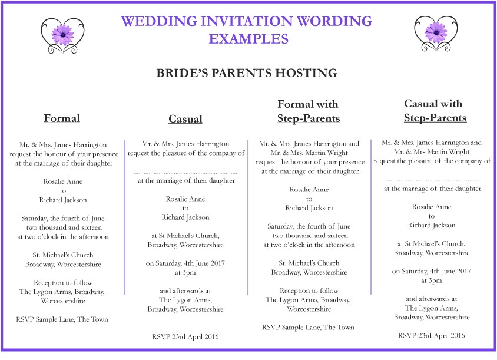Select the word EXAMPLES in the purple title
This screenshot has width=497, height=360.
click(x=248, y=39)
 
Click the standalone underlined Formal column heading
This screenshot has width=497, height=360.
click(x=62, y=118)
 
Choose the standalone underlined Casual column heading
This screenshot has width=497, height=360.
click(x=185, y=119)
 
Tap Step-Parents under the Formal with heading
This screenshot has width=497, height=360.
click(x=309, y=118)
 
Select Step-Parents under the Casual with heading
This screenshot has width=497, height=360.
click(x=435, y=118)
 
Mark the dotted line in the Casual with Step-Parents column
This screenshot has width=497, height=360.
click(x=432, y=180)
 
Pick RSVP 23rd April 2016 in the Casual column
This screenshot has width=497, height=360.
click(x=185, y=336)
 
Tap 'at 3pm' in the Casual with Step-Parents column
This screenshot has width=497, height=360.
click(x=432, y=280)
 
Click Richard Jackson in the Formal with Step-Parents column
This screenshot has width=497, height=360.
click(x=309, y=208)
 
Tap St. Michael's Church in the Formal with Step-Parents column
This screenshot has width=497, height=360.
click(x=309, y=263)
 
